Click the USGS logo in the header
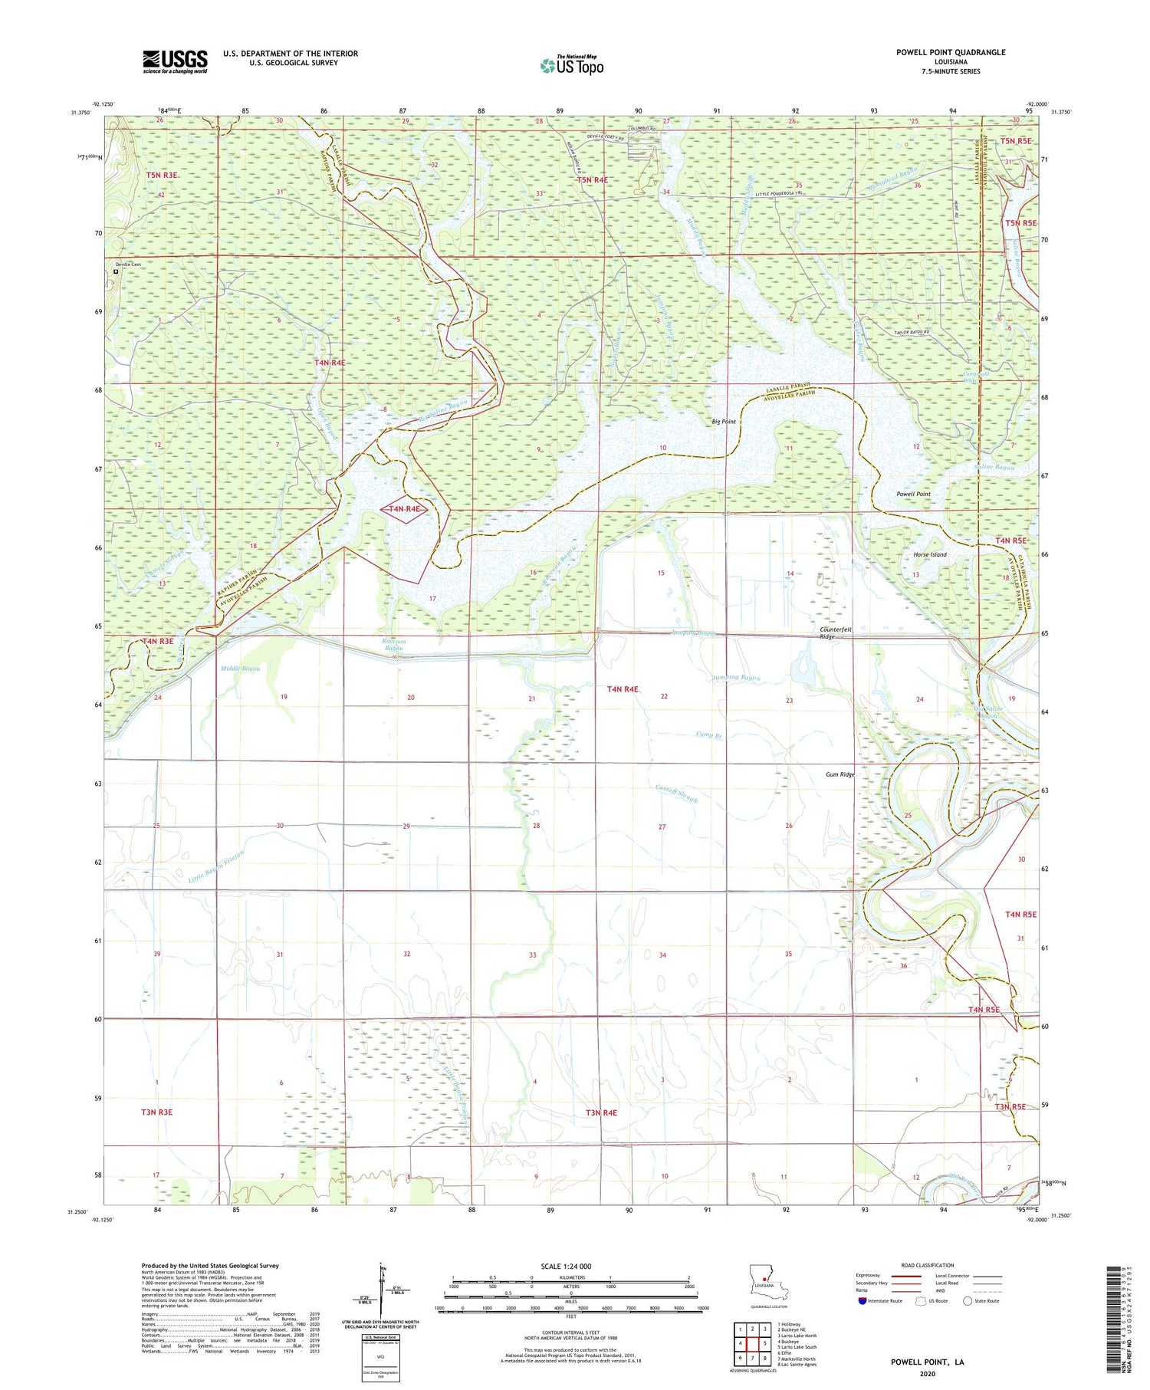[175, 61]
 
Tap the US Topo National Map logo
[571, 65]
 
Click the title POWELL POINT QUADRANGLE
[950, 52]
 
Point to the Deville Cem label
[129, 265]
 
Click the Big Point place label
[723, 422]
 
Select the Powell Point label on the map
[913, 495]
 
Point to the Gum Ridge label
[839, 774]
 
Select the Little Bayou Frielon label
[216, 867]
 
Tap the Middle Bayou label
[240, 669]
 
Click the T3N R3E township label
[156, 1111]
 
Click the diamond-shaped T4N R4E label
[403, 509]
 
